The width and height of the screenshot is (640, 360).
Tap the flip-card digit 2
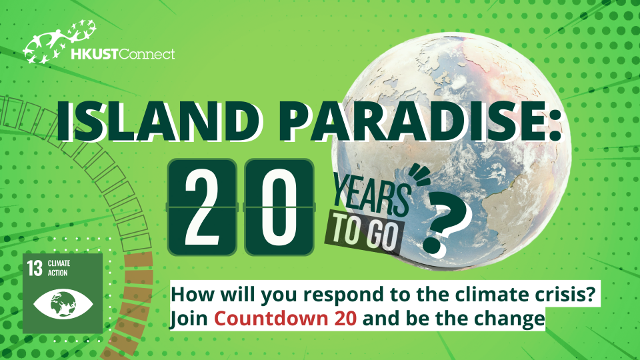201,207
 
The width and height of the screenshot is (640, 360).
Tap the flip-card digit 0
279,207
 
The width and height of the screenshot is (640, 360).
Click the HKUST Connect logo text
123,53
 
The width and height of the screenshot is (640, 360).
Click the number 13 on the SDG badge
35,269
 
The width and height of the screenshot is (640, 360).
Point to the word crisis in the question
561,295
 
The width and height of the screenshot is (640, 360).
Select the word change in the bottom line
514,319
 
